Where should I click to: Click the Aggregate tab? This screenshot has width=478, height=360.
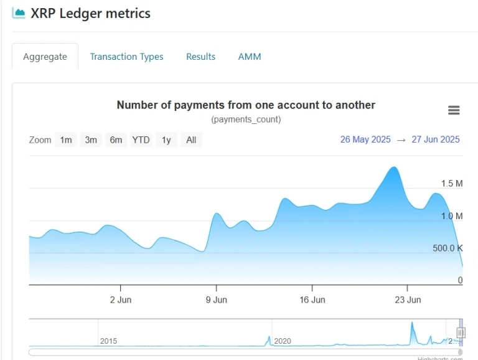click(x=45, y=57)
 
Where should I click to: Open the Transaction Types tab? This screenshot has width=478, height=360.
click(x=126, y=57)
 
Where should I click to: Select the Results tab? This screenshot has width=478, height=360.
click(x=200, y=57)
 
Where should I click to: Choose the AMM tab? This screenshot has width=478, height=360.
click(x=250, y=57)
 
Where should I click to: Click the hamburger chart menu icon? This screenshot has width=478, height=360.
click(x=454, y=110)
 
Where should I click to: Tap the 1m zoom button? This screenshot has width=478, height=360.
click(x=66, y=140)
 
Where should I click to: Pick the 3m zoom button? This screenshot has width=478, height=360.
click(x=91, y=140)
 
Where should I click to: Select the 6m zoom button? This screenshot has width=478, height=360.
click(x=116, y=140)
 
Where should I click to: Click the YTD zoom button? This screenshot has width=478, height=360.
click(x=141, y=140)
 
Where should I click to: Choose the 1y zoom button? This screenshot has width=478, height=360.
click(x=166, y=140)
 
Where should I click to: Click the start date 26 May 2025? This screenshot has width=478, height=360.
click(x=365, y=140)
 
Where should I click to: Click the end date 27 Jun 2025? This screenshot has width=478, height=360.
click(x=435, y=140)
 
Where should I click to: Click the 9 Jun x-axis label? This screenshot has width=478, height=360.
click(x=216, y=300)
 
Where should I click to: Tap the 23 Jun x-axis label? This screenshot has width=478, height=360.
click(x=408, y=300)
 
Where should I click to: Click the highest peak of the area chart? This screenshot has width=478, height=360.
click(x=393, y=168)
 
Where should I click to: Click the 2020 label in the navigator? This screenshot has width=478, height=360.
click(x=283, y=341)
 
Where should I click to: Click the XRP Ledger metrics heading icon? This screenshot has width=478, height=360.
click(x=19, y=13)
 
